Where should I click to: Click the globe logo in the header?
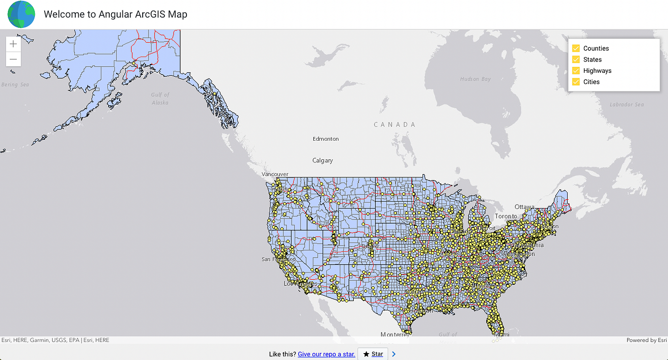(21, 14)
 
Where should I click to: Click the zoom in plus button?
(13, 44)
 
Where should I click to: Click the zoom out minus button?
(13, 60)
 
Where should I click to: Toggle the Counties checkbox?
(576, 48)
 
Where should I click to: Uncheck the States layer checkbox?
(576, 60)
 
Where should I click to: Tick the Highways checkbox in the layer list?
(576, 71)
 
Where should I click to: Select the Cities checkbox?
(576, 82)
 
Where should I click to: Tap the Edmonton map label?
(326, 139)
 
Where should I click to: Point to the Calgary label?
(323, 160)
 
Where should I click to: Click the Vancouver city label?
(275, 174)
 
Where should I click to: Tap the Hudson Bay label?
(475, 79)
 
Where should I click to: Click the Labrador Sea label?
(626, 105)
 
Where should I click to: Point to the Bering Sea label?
(15, 85)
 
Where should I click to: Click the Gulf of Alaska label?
(160, 98)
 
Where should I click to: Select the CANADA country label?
(395, 124)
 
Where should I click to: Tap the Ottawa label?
(524, 207)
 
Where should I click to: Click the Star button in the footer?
(373, 354)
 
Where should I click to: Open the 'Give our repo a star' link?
(326, 354)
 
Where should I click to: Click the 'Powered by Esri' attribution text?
(646, 340)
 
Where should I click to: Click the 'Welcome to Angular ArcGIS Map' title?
(116, 14)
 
